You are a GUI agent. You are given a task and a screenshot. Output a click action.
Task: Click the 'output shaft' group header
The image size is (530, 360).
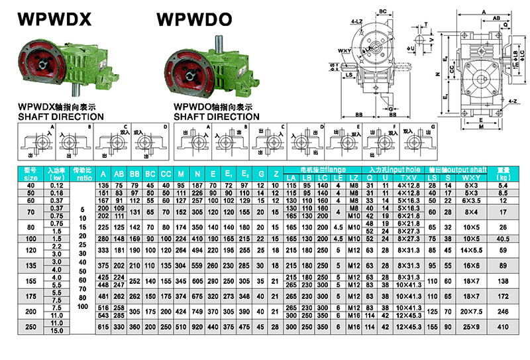(458, 170)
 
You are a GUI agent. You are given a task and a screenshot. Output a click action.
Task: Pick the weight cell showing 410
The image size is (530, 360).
(502, 327)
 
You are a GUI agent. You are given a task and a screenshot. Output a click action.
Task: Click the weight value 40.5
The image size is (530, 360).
(502, 238)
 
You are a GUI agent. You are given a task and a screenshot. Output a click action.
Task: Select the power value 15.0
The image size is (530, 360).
(57, 330)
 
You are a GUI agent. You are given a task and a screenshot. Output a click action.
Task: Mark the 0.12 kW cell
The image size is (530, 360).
(57, 184)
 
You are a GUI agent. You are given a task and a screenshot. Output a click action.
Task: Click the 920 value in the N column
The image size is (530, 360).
(197, 327)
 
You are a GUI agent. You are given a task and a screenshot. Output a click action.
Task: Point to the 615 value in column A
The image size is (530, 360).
(103, 327)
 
